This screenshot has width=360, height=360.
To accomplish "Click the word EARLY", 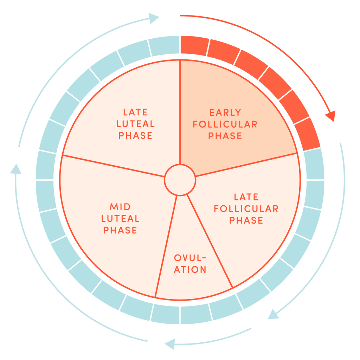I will click(225, 112).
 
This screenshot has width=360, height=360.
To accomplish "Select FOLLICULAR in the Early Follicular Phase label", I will click(225, 124).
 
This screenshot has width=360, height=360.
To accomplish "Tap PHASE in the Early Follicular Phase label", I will click(225, 136).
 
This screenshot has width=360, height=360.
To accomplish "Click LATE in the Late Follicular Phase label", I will click(246, 197).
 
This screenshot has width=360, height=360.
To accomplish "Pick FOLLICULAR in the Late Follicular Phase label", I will click(246, 208).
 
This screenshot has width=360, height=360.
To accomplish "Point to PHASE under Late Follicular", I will click(246, 220).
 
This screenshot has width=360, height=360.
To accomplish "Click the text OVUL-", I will click(190, 258).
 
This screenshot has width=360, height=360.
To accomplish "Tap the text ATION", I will click(190, 270).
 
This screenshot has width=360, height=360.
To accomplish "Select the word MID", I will click(120, 206).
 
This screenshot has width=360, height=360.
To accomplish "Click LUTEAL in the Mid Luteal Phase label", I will click(120, 218).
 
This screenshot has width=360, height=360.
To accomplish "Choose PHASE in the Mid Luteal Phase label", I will click(120, 230).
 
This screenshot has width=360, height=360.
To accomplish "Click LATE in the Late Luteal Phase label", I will click(135, 112).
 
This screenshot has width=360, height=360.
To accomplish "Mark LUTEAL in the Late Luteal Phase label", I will click(135, 124).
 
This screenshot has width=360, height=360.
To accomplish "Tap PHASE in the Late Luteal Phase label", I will click(135, 136).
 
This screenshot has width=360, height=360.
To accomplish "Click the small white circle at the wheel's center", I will click(180, 180).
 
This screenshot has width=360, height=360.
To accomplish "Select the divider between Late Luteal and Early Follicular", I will click(180, 112).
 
